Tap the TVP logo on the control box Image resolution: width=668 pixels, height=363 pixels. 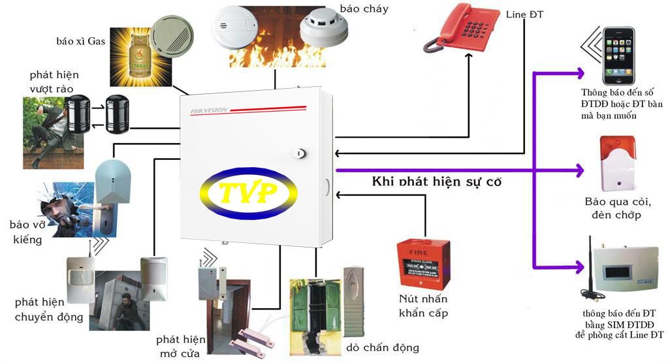[248, 192]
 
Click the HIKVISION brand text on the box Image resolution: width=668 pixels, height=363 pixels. [209, 110]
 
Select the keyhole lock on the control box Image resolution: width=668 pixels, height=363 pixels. [300, 153]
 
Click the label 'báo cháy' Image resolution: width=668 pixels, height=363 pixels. [364, 8]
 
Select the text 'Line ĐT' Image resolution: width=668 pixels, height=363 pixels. [524, 14]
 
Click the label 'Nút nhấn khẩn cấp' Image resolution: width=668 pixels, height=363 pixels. [423, 306]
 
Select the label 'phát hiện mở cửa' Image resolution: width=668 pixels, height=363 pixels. [181, 347]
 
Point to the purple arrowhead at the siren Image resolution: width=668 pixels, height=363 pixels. [581, 172]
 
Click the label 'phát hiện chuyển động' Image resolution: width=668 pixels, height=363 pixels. [49, 309]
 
